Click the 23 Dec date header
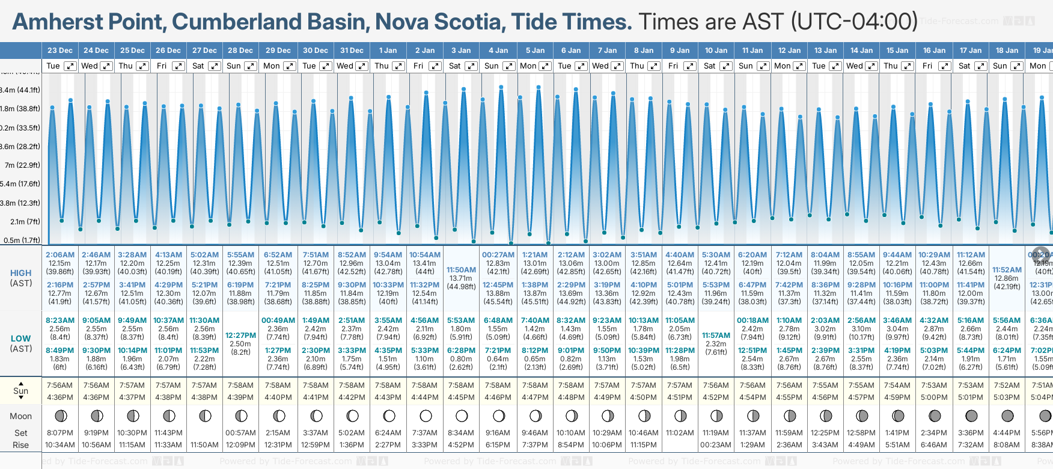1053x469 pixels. click(x=60, y=51)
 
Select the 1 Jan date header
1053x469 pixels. click(x=388, y=51)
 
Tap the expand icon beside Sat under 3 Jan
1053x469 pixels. click(x=471, y=66)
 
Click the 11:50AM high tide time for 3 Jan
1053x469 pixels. click(x=461, y=270)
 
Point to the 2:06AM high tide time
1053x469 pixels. click(x=60, y=255)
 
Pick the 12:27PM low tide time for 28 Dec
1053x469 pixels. click(x=240, y=336)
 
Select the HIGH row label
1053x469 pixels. click(x=21, y=273)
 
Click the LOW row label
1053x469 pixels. click(x=21, y=339)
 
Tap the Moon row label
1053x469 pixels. click(x=21, y=416)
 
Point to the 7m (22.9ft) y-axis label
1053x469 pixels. click(x=22, y=165)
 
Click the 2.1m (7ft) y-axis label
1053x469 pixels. click(x=25, y=221)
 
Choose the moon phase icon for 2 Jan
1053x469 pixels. click(x=426, y=415)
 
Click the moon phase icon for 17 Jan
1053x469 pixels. click(x=971, y=415)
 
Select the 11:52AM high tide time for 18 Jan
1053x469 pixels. click(x=1007, y=270)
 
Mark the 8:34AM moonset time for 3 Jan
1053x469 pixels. click(x=461, y=433)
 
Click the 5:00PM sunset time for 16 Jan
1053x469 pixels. click(x=934, y=397)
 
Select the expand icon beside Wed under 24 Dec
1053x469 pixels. click(x=106, y=66)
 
